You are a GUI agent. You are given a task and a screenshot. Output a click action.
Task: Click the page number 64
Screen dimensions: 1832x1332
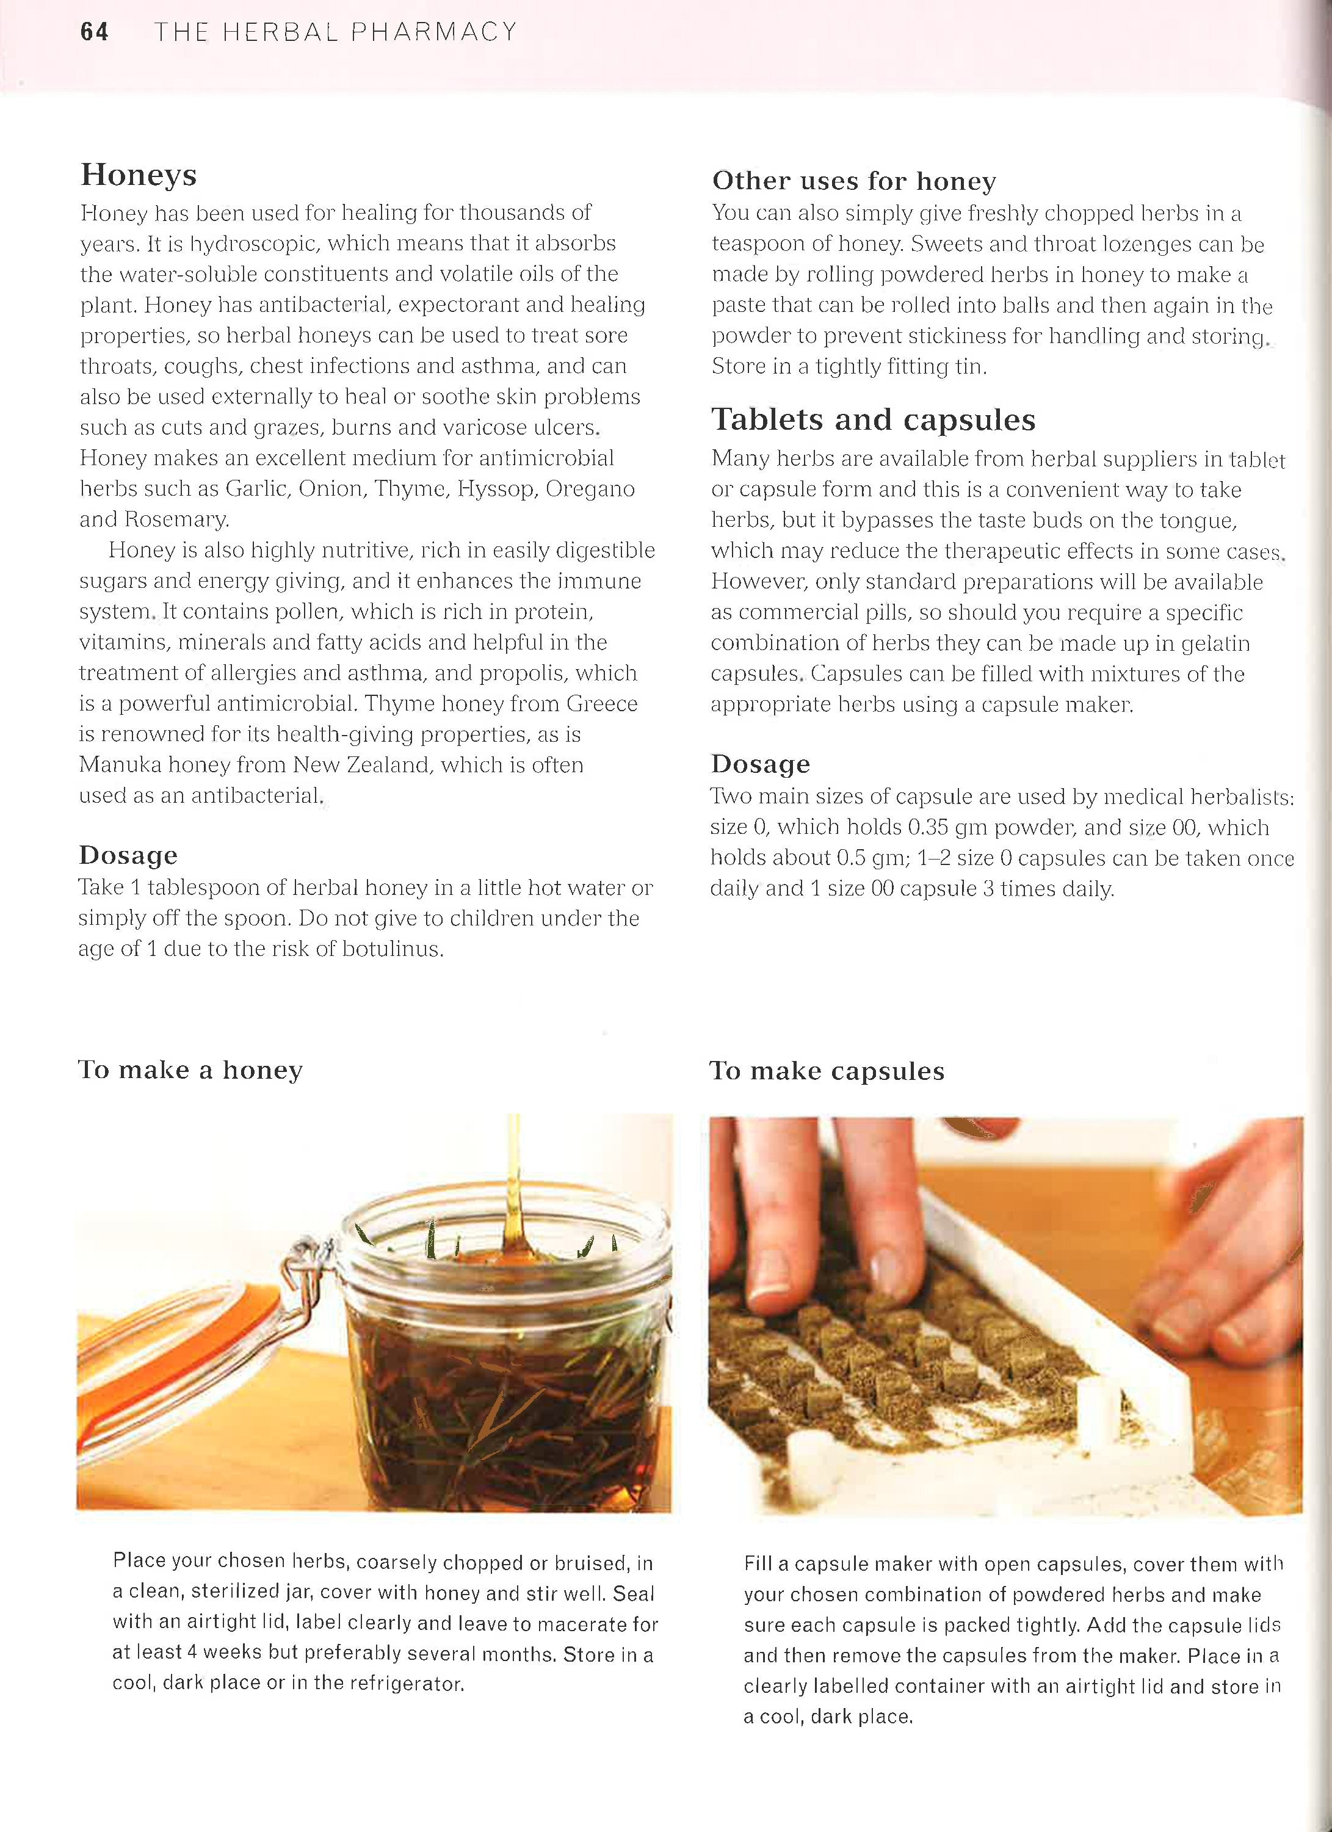[x=93, y=32]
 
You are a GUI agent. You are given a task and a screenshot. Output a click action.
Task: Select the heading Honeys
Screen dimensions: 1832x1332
[x=138, y=175]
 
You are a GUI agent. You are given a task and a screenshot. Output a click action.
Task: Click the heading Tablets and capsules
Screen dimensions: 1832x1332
[x=872, y=420]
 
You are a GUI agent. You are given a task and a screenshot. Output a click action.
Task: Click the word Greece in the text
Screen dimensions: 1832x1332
[x=602, y=704]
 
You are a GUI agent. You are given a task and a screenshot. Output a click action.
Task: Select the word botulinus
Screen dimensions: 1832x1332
[x=393, y=949]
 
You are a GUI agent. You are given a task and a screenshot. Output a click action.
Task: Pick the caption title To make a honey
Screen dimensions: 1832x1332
[x=190, y=1070]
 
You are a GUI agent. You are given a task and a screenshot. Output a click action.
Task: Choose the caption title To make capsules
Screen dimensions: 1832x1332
[x=827, y=1071]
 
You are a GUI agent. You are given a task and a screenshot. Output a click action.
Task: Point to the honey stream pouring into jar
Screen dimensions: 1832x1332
[x=513, y=1179]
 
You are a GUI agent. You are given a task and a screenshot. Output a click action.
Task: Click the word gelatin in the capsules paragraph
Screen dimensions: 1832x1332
[x=1215, y=644]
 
